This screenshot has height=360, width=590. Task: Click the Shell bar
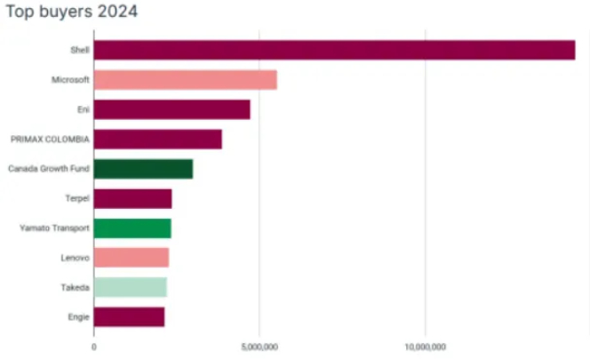tap(333, 50)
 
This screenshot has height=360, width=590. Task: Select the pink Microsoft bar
tap(185, 80)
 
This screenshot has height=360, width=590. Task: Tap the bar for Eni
tap(171, 109)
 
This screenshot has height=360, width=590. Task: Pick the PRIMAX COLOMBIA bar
tap(157, 140)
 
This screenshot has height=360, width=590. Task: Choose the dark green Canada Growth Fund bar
tap(143, 169)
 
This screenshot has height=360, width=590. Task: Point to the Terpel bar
tap(132, 199)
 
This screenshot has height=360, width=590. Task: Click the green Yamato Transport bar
tap(132, 228)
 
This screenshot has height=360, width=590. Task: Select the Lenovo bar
tap(131, 258)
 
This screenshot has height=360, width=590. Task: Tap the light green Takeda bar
tap(130, 287)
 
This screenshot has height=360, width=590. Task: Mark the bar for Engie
tap(129, 316)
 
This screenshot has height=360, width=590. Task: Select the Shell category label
tap(80, 50)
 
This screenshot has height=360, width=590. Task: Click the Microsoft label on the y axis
tap(70, 80)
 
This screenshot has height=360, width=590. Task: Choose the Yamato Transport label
tap(54, 228)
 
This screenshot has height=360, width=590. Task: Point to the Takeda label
tap(75, 287)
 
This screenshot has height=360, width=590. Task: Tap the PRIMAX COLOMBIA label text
tap(50, 140)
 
